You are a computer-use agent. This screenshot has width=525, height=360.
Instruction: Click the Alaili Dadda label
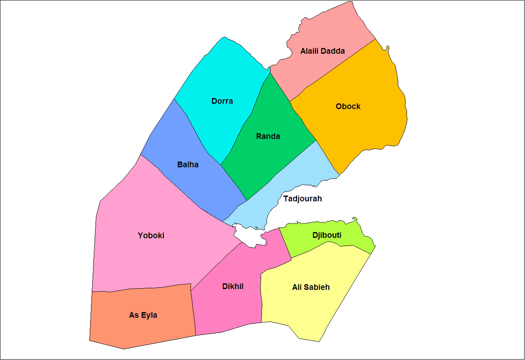click(323, 51)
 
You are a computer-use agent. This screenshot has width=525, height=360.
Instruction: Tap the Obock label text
click(348, 107)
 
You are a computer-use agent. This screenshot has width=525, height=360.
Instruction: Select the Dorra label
click(222, 101)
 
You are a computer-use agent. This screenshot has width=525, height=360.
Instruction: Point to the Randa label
click(268, 137)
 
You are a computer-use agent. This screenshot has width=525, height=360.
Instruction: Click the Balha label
click(188, 165)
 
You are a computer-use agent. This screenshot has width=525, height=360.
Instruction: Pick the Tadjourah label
click(302, 199)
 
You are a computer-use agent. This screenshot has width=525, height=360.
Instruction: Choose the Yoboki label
click(151, 236)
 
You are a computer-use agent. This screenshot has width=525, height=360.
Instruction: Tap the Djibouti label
click(327, 235)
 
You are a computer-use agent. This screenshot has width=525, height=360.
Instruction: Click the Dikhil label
click(233, 287)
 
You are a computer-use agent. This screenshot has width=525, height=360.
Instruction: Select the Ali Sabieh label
click(311, 287)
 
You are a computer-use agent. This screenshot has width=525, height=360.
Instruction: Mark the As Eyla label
click(143, 315)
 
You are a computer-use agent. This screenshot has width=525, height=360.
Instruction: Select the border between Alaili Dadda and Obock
click(332, 70)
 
